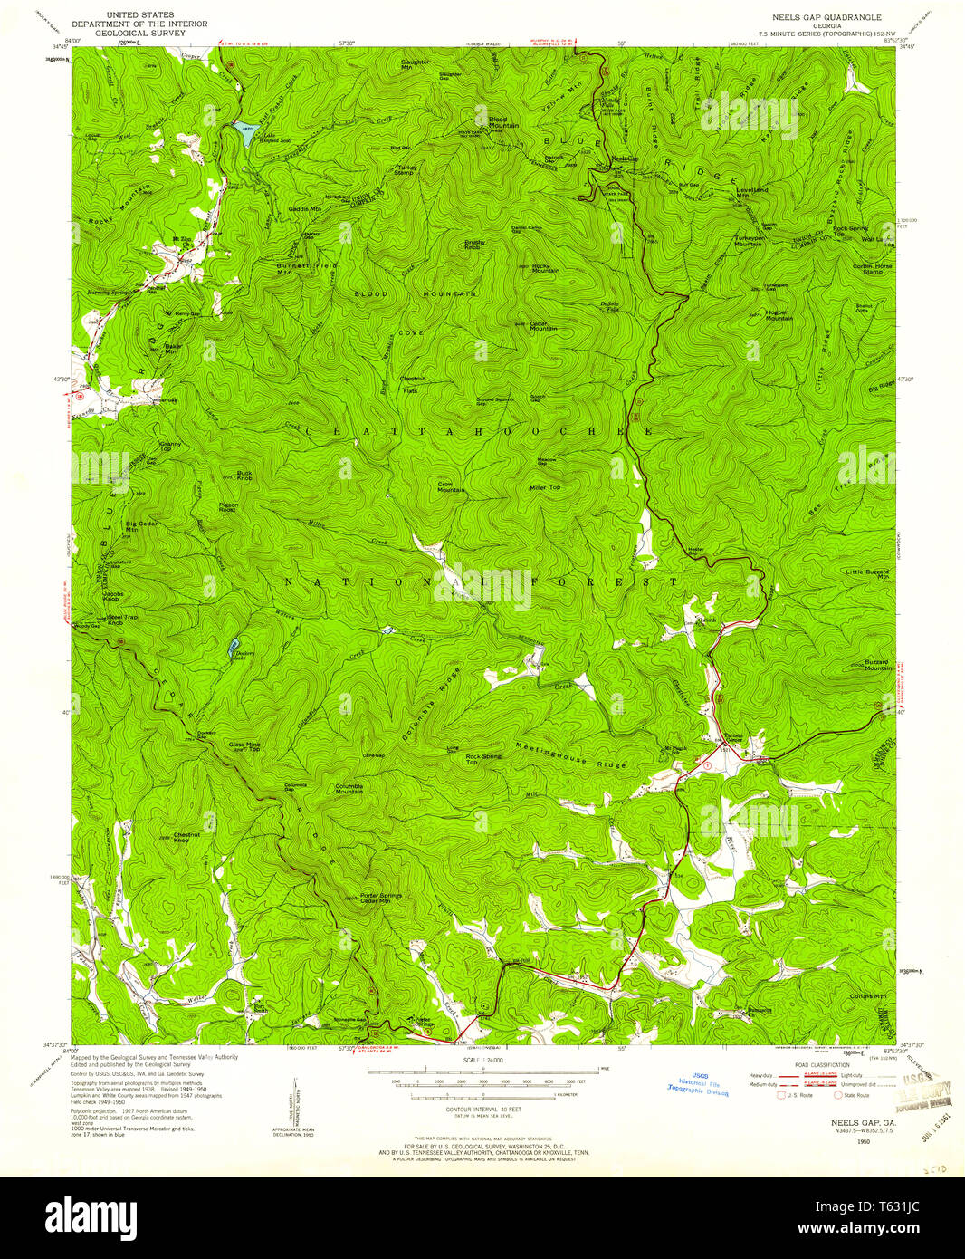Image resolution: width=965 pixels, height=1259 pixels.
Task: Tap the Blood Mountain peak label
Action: pyautogui.click(x=502, y=122)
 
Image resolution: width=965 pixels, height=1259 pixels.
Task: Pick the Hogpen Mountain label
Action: pyautogui.click(x=770, y=314)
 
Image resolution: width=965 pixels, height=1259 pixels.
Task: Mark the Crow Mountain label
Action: pyautogui.click(x=451, y=487)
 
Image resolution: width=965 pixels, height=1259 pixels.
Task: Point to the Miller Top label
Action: pyautogui.click(x=545, y=487)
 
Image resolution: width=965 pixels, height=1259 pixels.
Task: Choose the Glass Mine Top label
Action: pyautogui.click(x=244, y=747)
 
